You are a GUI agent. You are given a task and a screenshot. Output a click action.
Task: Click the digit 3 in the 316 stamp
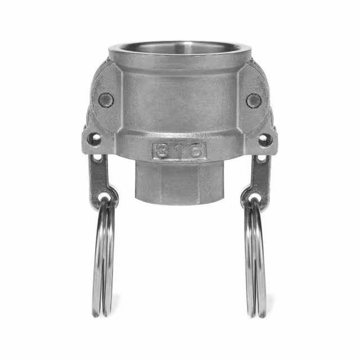point(162,151)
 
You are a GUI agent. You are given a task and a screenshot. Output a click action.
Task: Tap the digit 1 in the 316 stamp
point(179,151)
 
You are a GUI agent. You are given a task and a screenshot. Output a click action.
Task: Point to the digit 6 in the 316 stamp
point(196,151)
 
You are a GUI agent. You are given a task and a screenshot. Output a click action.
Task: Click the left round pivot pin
point(106,100)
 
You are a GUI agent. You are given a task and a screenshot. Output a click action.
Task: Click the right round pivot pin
point(254,101)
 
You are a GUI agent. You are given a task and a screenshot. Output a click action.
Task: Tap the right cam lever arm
point(258,177)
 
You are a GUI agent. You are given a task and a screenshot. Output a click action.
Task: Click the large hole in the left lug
point(96,138)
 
